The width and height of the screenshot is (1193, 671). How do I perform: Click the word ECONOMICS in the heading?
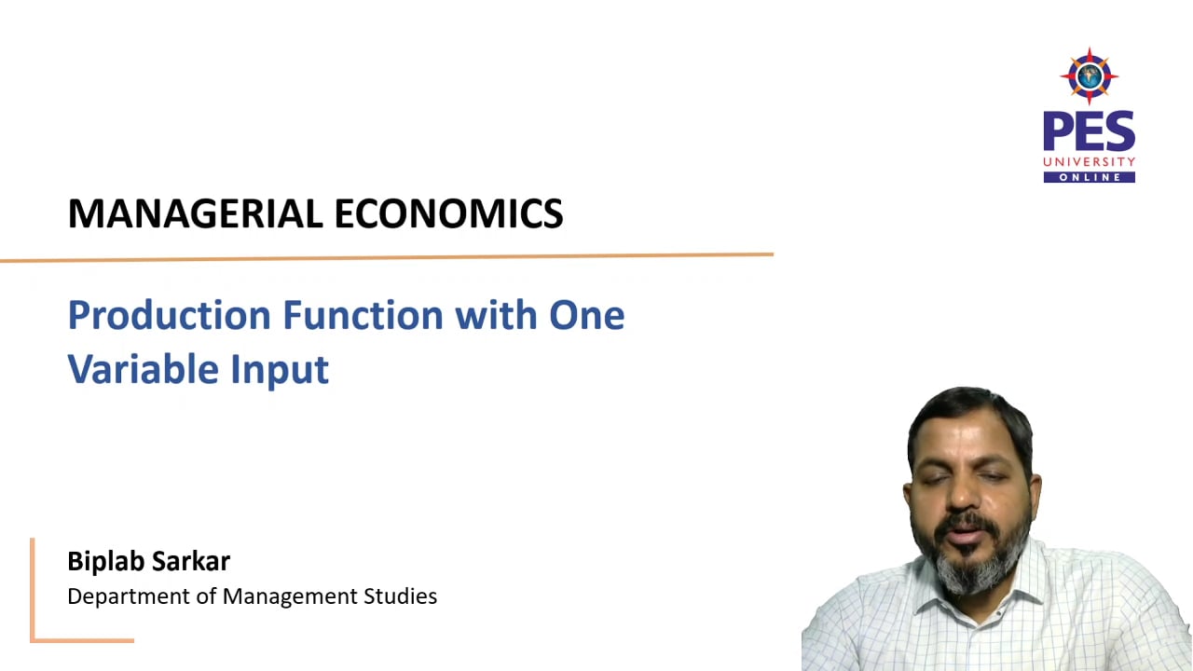tap(448, 213)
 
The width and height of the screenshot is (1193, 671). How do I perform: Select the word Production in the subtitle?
tap(169, 315)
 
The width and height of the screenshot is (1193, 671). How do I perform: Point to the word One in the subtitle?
tap(586, 315)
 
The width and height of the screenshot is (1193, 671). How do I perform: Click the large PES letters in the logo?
tap(1089, 131)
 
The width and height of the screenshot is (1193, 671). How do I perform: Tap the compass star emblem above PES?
tap(1089, 75)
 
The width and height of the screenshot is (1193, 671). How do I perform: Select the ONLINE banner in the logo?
tap(1089, 177)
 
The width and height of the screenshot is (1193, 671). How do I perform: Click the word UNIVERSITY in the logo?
tap(1089, 162)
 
